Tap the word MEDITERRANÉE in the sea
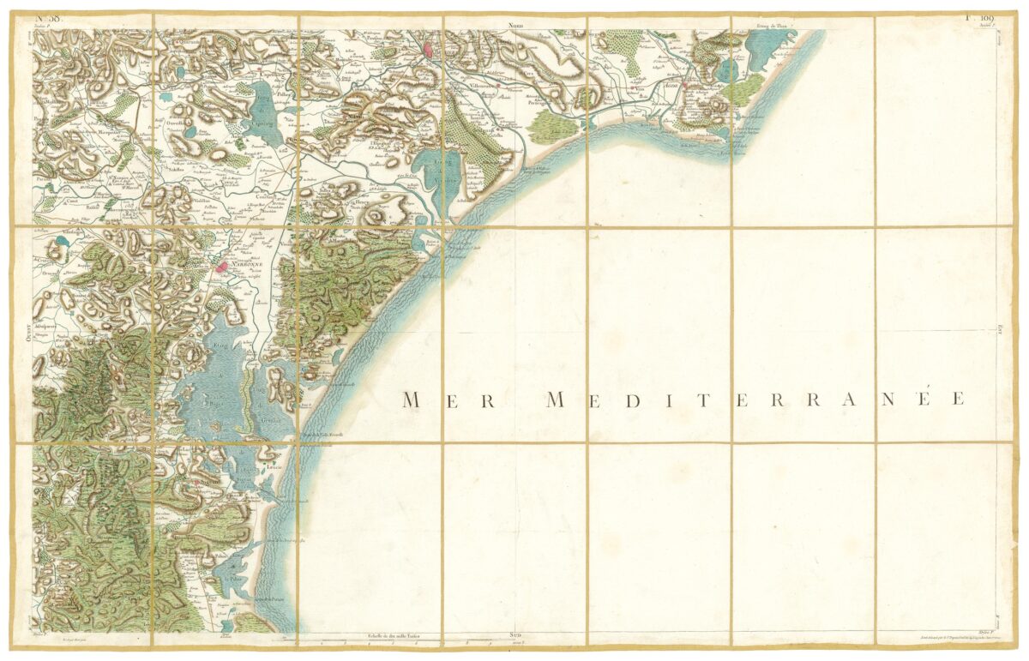(x=755, y=400)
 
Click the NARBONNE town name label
(x=236, y=277)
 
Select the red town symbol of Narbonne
(x=221, y=267)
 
